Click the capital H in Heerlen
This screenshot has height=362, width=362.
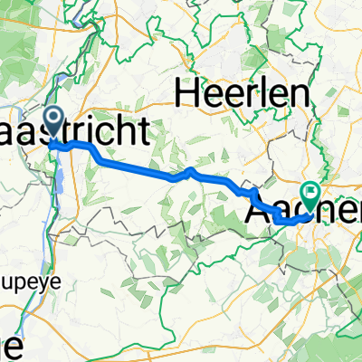coord(189,91)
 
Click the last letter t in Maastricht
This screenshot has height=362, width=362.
coord(167,133)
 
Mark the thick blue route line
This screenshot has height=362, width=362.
coord(136,167)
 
